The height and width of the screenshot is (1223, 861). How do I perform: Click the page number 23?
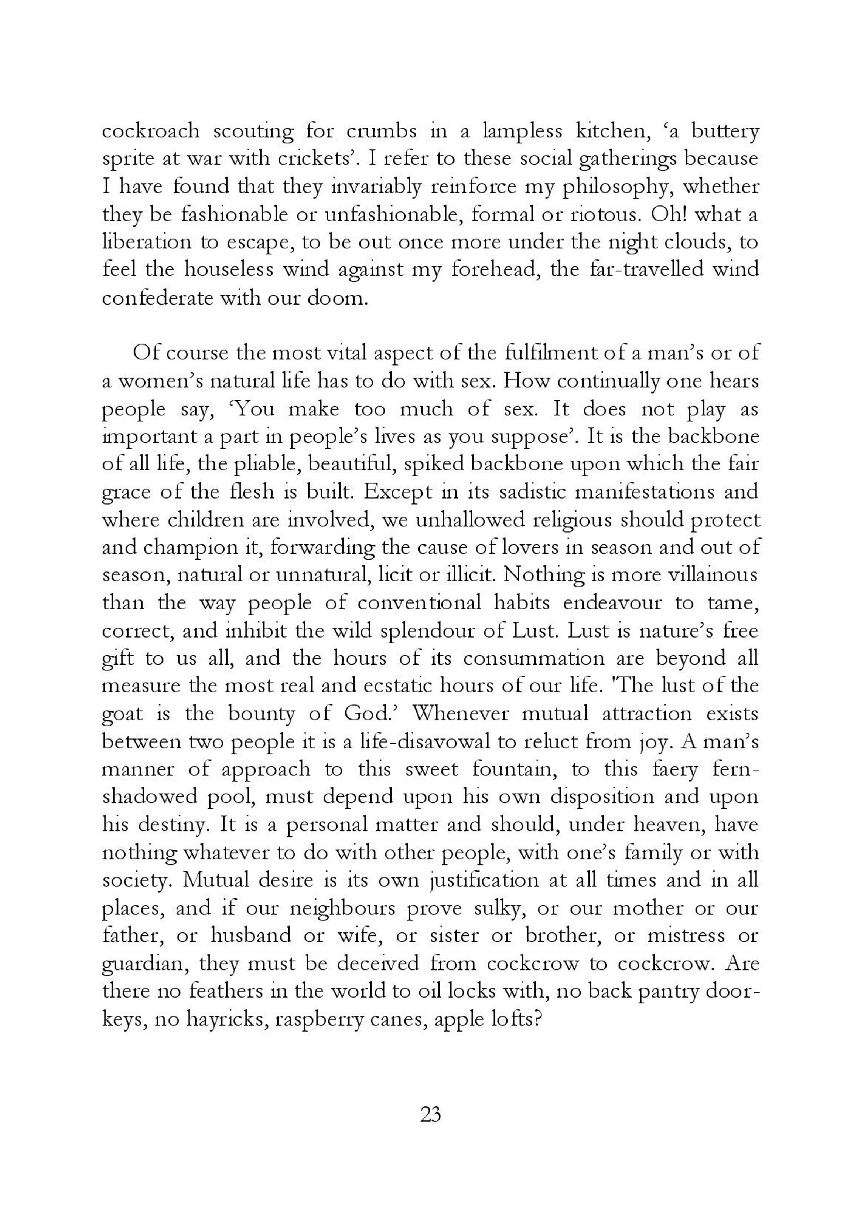[x=430, y=1114]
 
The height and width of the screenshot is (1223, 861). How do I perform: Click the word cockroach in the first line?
[x=151, y=131]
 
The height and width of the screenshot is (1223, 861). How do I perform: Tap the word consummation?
[x=533, y=658]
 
